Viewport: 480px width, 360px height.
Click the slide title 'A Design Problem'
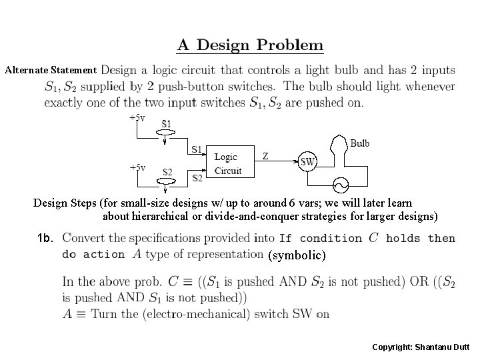[x=250, y=46]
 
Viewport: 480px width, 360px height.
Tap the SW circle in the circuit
[x=308, y=161]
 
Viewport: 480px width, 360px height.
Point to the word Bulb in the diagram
[x=360, y=143]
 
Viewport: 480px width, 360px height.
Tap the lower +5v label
[x=138, y=167]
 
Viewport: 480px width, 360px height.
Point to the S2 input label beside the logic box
[x=198, y=178]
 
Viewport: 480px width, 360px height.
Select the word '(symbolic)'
[x=296, y=255]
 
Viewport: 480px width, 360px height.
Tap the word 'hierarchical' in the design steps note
[x=159, y=216]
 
